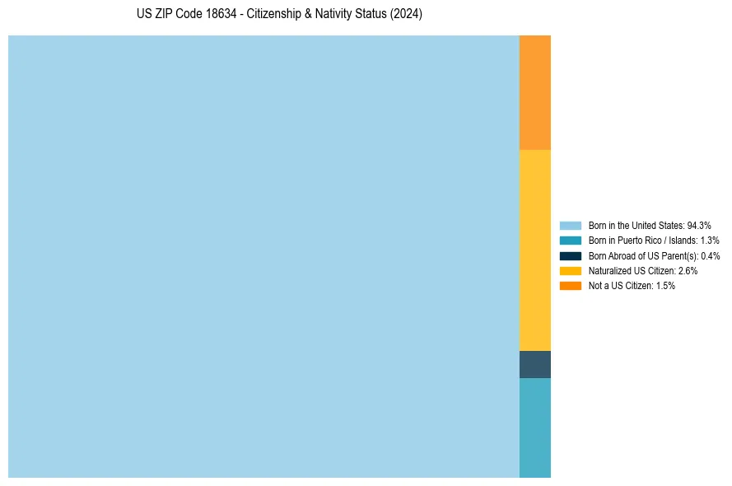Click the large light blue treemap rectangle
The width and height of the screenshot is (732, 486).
pyautogui.click(x=263, y=256)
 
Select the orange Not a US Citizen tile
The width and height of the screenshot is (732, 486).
pyautogui.click(x=535, y=92)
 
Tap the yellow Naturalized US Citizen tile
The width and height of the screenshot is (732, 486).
pyautogui.click(x=535, y=250)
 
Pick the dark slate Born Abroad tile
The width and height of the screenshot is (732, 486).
pyautogui.click(x=535, y=364)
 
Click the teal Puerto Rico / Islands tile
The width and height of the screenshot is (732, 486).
pyautogui.click(x=535, y=428)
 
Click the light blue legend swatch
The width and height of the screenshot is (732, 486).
pyautogui.click(x=571, y=225)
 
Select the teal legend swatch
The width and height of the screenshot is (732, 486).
pyautogui.click(x=571, y=241)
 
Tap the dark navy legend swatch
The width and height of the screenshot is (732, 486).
pyautogui.click(x=571, y=255)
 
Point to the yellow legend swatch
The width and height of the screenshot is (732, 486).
pyautogui.click(x=571, y=270)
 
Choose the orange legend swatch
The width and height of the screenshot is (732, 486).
pyautogui.click(x=571, y=286)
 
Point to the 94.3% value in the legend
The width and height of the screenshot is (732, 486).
pyautogui.click(x=699, y=225)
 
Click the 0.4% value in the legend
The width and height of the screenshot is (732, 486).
pyautogui.click(x=710, y=255)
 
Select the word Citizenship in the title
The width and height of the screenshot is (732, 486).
pyautogui.click(x=279, y=14)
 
